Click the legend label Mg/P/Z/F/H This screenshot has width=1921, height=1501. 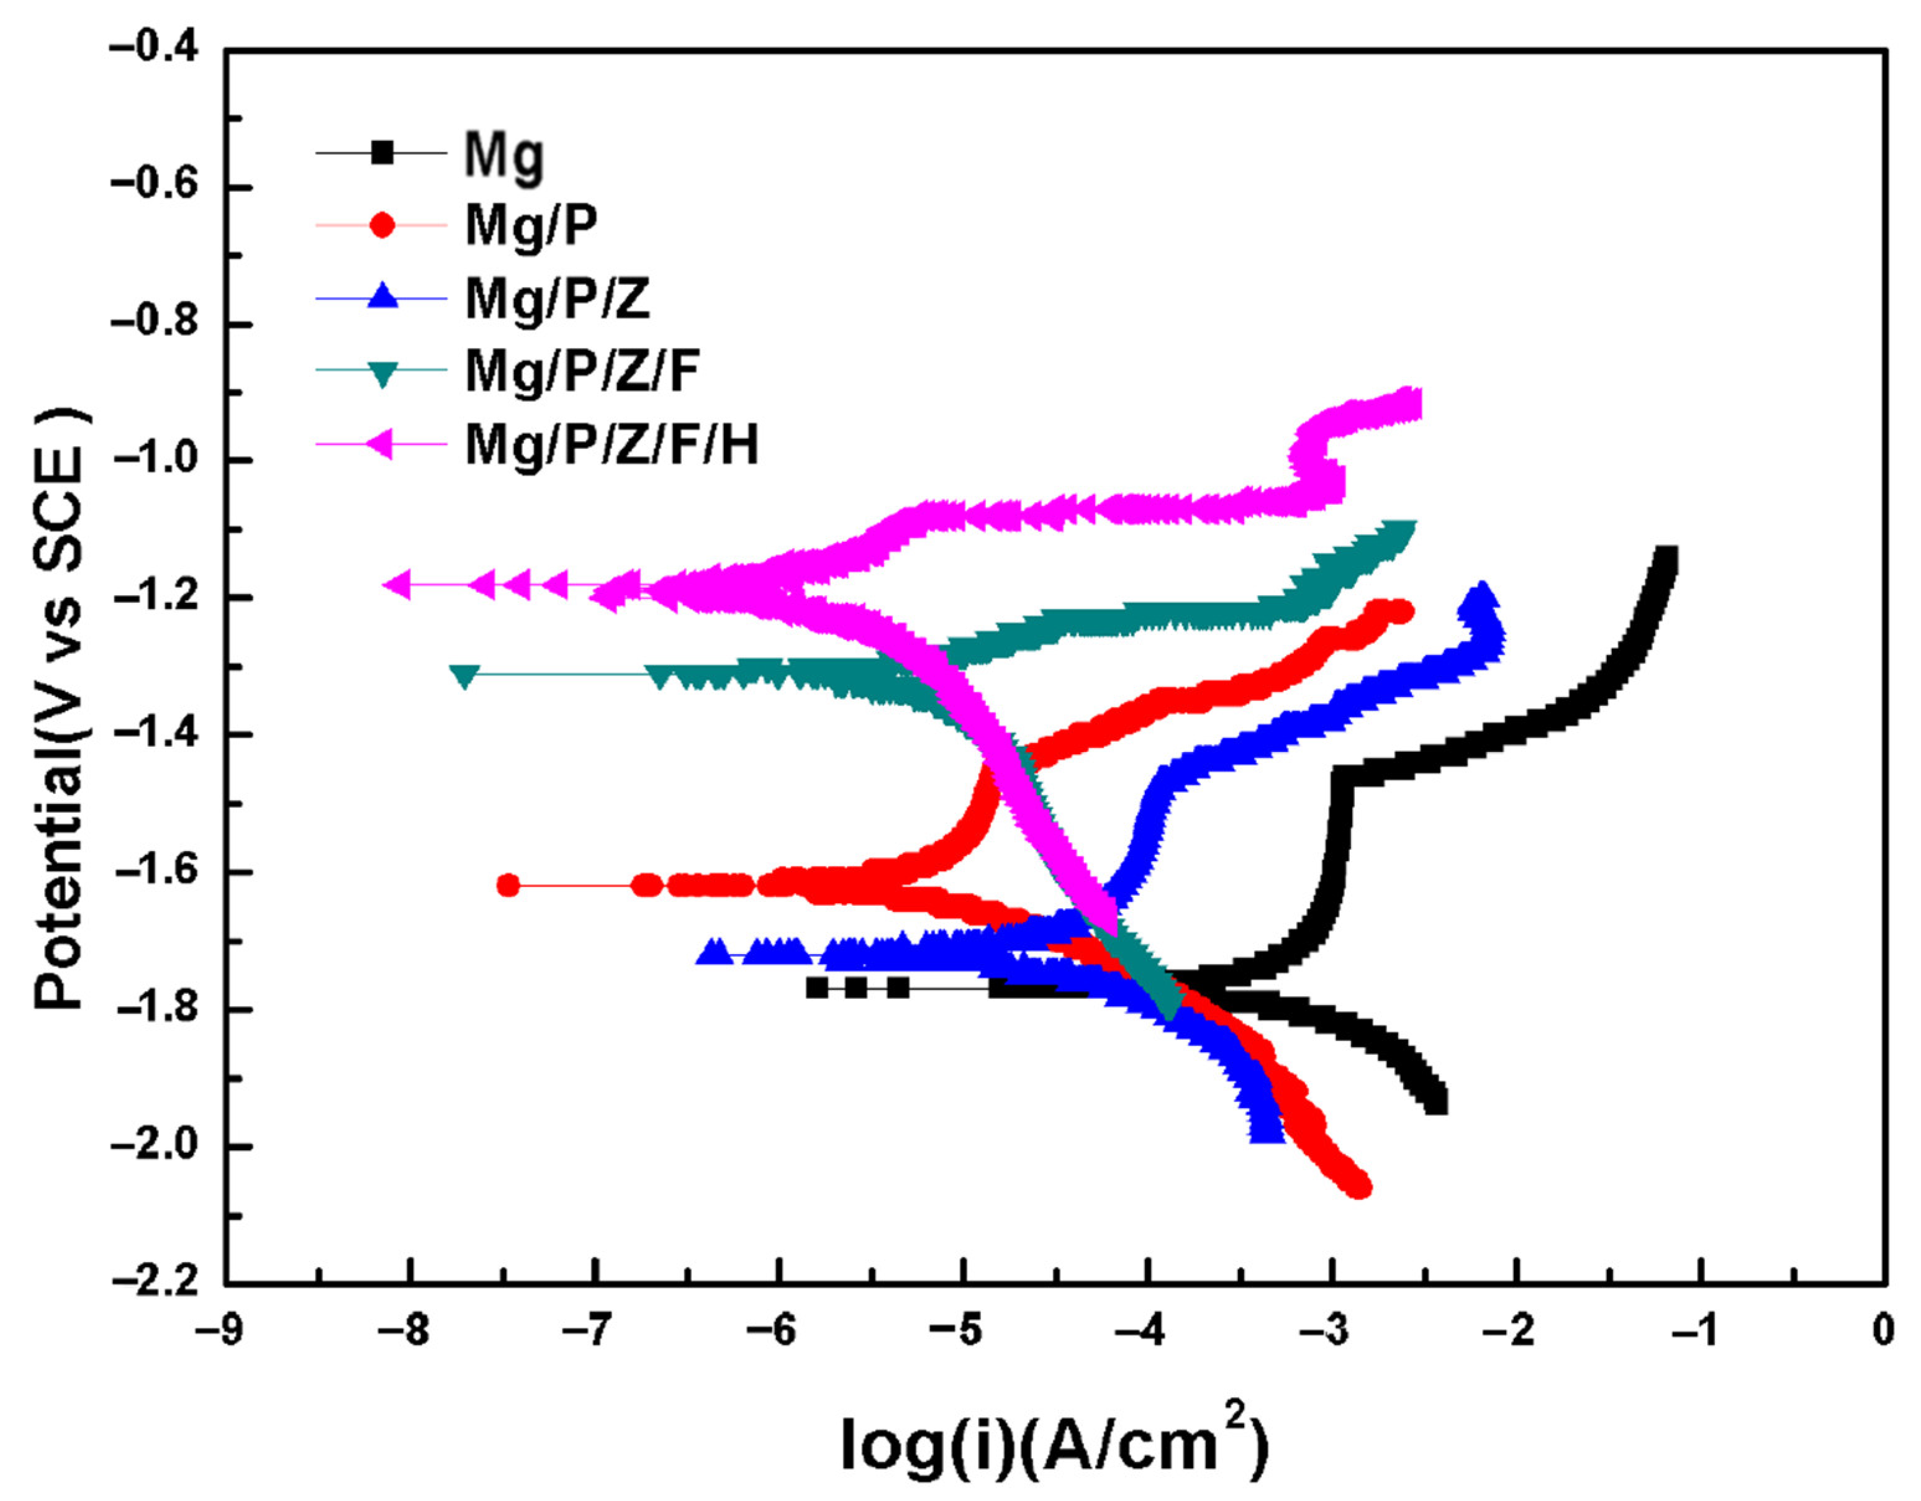coord(612,445)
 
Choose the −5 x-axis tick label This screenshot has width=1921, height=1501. coord(962,1330)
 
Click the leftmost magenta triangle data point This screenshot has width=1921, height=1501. coord(397,584)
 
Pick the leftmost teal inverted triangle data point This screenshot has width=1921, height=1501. coord(464,674)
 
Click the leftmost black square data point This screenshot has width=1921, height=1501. coord(817,988)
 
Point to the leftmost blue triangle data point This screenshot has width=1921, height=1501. coord(714,952)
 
